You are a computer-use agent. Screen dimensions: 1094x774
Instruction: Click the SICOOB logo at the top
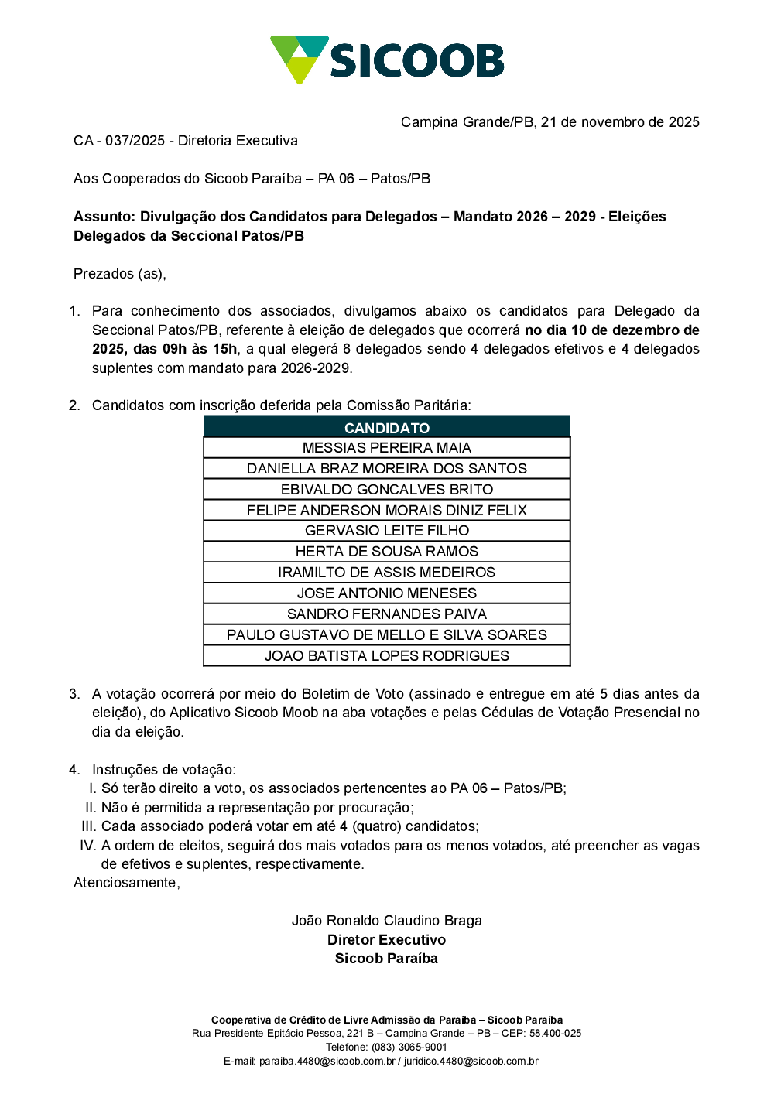pyautogui.click(x=387, y=60)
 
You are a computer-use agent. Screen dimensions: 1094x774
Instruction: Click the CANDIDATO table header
pyautogui.click(x=387, y=428)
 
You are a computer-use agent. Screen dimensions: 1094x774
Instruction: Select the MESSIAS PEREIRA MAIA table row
pyautogui.click(x=387, y=448)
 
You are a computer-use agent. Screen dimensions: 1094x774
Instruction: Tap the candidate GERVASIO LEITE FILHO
pyautogui.click(x=387, y=531)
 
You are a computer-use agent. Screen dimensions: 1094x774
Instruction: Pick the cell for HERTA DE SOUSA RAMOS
pyautogui.click(x=387, y=552)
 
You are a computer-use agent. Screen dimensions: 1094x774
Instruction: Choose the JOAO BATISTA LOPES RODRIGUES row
pyautogui.click(x=387, y=656)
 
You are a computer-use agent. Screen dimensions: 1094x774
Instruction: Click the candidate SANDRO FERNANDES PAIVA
pyautogui.click(x=387, y=614)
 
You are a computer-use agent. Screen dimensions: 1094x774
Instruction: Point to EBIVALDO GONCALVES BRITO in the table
pyautogui.click(x=387, y=490)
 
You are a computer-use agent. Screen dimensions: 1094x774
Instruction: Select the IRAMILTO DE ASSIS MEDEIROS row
pyautogui.click(x=387, y=573)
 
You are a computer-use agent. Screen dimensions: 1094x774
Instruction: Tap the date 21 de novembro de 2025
pyautogui.click(x=620, y=122)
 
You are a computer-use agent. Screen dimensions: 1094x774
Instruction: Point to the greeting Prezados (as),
pyautogui.click(x=120, y=274)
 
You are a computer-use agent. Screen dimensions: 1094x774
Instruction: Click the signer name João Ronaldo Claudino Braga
pyautogui.click(x=387, y=921)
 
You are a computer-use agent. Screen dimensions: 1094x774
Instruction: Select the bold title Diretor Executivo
pyautogui.click(x=387, y=940)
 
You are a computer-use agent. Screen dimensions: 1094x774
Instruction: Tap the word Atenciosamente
pyautogui.click(x=126, y=883)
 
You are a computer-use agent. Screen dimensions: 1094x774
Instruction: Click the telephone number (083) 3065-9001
pyautogui.click(x=409, y=1048)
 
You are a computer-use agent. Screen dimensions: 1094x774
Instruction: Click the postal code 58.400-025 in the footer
pyautogui.click(x=555, y=1034)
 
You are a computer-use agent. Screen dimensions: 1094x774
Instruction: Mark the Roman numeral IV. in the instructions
pyautogui.click(x=87, y=846)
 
